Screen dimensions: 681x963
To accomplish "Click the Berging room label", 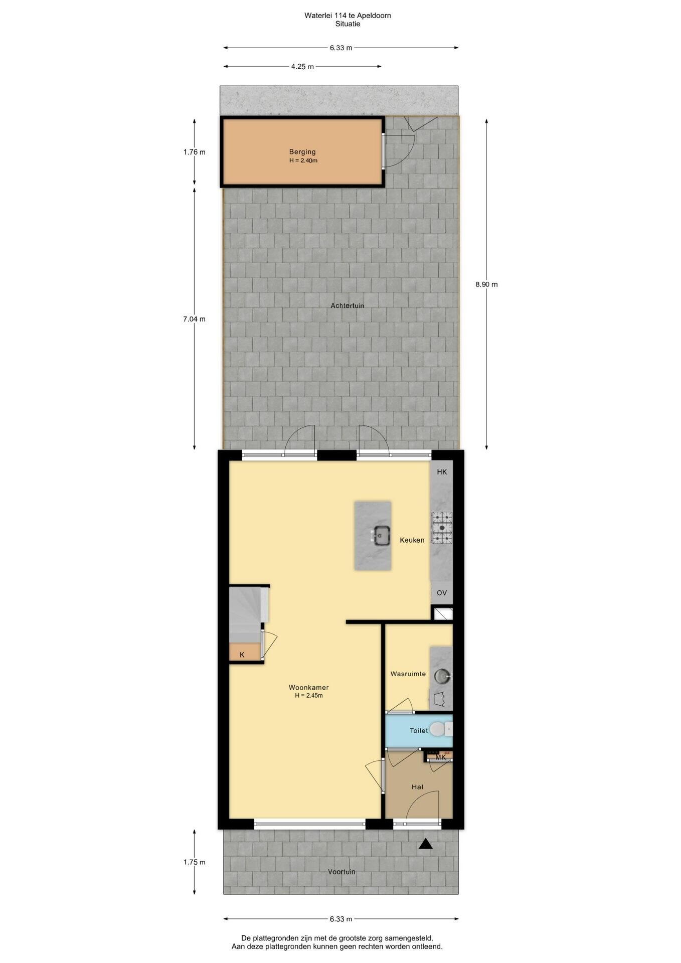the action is (x=302, y=151).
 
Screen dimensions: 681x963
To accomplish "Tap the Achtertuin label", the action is (x=347, y=305).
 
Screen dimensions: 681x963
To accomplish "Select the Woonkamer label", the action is (x=308, y=687).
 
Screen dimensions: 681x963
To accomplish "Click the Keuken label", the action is (x=412, y=540).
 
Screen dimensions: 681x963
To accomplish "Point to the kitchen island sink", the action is (x=381, y=536).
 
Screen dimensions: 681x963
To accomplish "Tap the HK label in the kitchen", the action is (x=442, y=472).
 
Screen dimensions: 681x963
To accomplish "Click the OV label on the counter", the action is (x=442, y=593).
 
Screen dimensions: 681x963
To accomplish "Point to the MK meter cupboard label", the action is (x=441, y=757).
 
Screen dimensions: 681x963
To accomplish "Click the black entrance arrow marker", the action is (x=425, y=844).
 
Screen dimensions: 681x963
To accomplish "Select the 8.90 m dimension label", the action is (x=486, y=284).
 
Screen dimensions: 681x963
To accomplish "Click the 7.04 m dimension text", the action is (x=195, y=319).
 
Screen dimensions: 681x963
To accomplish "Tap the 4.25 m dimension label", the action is (x=302, y=66).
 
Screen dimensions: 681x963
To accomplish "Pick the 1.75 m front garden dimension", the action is (x=195, y=862).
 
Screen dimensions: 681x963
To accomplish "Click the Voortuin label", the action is (x=342, y=872).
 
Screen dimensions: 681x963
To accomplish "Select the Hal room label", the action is (x=417, y=787).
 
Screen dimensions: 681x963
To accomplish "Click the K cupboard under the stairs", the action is (x=242, y=655).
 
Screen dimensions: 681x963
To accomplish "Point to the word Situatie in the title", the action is (x=348, y=24).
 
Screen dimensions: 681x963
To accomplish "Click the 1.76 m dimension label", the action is (x=195, y=152).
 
